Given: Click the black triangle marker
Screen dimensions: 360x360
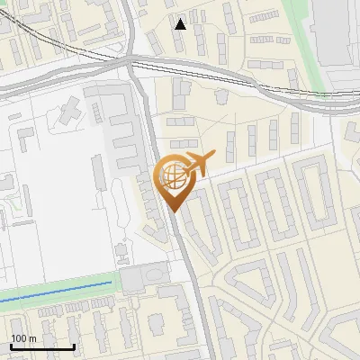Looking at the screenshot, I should (181, 24).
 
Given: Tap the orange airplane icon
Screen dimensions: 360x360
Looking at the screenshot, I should (197, 165).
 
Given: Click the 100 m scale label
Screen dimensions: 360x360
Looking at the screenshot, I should (23, 338).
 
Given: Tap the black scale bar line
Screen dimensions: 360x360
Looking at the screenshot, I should (42, 346).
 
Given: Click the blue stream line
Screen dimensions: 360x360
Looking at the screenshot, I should (54, 293).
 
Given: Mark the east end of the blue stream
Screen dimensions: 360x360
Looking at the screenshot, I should (112, 283).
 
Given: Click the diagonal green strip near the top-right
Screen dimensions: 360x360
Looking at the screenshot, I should (301, 36).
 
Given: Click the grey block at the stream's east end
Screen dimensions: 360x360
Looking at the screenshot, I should (144, 278).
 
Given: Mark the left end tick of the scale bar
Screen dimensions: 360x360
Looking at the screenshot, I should (11, 346).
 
